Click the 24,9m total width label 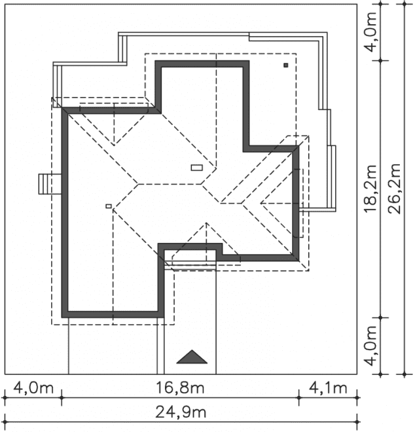(x=181, y=413)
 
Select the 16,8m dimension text (x=180, y=388)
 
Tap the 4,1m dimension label (x=328, y=388)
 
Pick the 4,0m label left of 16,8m (x=33, y=388)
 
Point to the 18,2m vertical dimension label (x=370, y=189)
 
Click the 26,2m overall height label (x=394, y=189)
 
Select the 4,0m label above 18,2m (x=370, y=32)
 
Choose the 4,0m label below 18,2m (x=370, y=346)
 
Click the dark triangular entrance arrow (x=192, y=357)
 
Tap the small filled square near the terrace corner (x=286, y=65)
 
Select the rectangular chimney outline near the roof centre (x=197, y=168)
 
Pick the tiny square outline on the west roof (x=109, y=206)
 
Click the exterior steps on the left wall (x=50, y=184)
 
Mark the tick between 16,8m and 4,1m (x=299, y=397)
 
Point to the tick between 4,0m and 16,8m (x=62, y=397)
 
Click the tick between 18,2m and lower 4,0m (x=380, y=317)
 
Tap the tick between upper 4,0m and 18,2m (x=380, y=60)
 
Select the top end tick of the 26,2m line (x=405, y=4)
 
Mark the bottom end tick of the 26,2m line (x=405, y=374)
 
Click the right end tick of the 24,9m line (x=357, y=422)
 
